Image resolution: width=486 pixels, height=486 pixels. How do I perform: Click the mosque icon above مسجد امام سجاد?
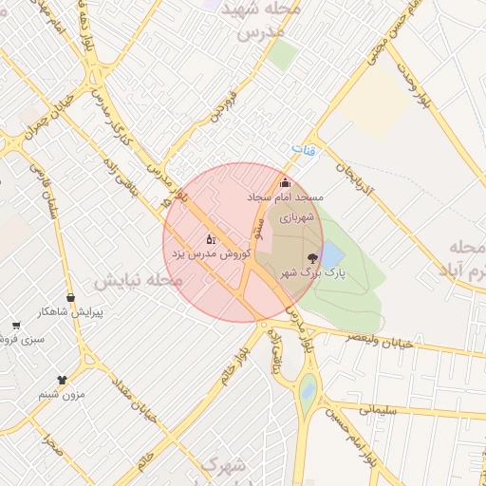285,182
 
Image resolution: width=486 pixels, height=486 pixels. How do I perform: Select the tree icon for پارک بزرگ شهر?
312,257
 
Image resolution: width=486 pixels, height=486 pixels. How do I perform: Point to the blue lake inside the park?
332,254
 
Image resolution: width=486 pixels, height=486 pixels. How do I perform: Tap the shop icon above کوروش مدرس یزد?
211,239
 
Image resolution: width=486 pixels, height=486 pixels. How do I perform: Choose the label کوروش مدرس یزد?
211,254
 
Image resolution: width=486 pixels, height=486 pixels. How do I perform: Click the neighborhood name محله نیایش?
137,281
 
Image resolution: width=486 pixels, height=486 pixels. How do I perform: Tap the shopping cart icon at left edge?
16,326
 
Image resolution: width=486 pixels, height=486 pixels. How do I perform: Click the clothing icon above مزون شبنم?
63,379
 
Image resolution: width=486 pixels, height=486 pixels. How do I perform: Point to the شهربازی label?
295,216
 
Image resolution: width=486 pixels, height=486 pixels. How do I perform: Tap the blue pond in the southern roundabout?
307,388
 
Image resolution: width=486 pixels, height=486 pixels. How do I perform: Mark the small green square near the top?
282,54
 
